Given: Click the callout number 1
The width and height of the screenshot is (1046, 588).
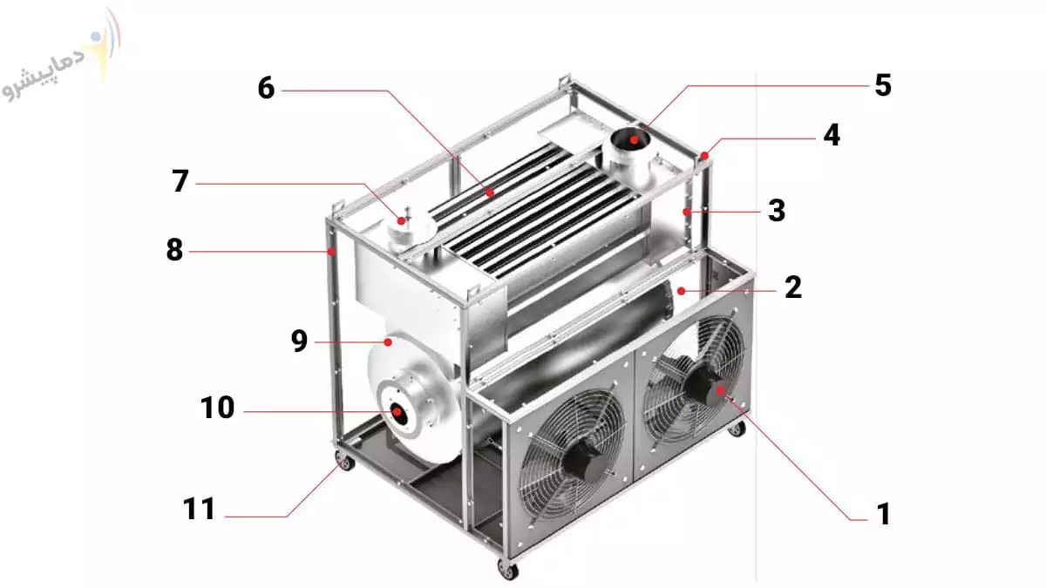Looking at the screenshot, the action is [884, 514].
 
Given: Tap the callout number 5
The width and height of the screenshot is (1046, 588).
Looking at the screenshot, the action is [882, 85].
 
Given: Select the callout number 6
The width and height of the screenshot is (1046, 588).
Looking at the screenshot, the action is [266, 88].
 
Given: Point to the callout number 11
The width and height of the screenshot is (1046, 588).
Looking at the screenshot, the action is [199, 509].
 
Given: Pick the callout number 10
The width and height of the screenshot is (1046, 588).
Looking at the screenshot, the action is [217, 408].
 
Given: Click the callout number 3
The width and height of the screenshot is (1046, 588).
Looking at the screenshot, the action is [777, 211].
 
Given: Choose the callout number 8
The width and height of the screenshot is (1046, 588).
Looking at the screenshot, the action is [174, 250].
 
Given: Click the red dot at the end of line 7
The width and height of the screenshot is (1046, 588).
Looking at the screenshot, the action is [401, 220].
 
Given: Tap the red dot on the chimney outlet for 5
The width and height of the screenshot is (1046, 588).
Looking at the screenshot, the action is [634, 139].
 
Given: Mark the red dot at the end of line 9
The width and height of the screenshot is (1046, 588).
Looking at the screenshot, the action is [388, 342].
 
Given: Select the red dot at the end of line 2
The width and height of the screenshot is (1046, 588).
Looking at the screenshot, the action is [682, 291].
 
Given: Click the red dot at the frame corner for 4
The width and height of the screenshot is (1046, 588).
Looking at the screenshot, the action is [704, 155].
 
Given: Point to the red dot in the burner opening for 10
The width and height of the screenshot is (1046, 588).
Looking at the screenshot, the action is [397, 411].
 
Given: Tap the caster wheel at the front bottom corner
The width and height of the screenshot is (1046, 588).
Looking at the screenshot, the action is [508, 570].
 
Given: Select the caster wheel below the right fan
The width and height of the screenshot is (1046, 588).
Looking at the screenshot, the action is [737, 429].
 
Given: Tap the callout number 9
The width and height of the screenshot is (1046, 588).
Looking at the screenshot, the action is [299, 341].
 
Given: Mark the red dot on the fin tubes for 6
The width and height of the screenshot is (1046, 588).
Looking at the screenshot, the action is [490, 193].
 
